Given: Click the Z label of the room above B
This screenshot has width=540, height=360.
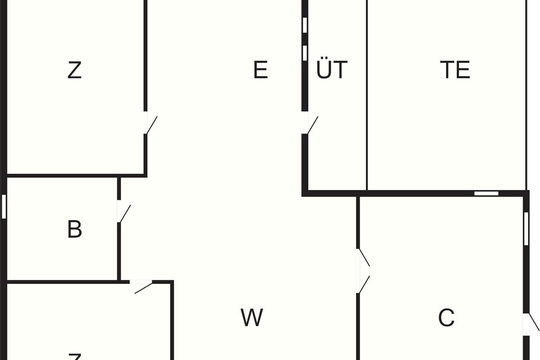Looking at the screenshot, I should (74, 70).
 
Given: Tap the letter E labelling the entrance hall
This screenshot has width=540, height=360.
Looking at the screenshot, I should (261, 70).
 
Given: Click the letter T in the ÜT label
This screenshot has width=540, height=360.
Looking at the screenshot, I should (340, 70).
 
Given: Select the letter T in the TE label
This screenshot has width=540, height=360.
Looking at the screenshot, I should (447, 70).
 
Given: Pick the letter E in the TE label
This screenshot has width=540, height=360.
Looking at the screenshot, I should (463, 70).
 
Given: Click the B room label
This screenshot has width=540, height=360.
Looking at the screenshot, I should (74, 229).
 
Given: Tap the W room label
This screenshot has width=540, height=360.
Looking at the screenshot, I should (252, 318).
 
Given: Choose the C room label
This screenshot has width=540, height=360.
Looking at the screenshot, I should (446, 318).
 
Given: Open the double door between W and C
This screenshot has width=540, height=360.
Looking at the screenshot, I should (363, 271).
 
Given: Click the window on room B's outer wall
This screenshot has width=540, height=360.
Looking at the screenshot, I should (4, 206).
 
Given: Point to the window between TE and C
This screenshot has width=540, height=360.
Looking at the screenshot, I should (486, 193).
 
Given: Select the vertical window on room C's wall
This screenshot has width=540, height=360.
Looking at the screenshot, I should (526, 228).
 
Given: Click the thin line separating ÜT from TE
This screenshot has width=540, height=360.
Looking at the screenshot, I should (367, 94).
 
